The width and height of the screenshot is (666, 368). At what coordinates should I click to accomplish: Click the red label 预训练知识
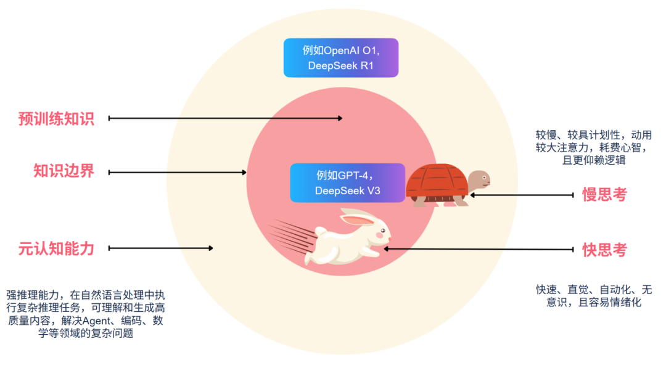pos(56,118)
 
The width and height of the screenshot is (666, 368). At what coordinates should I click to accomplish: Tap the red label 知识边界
pos(64,171)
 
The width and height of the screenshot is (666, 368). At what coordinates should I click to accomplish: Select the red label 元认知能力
pos(56,248)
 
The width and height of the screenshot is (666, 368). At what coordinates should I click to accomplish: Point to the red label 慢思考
pos(604,195)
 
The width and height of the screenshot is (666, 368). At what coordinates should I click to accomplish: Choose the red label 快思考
pos(604,250)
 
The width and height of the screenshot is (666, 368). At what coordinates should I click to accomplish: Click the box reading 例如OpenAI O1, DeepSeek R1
pos(340,58)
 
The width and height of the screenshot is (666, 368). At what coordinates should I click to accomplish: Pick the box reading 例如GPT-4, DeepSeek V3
pos(347,183)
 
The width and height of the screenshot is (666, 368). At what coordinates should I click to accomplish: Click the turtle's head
pos(479,181)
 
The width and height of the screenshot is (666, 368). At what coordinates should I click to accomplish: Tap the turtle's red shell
pos(436,182)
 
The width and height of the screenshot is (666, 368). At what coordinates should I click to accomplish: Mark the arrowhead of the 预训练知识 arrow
pos(340,118)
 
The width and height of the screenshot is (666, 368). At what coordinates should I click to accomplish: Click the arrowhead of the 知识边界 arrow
pos(244,173)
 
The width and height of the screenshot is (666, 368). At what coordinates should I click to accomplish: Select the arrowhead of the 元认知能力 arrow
pos(211,248)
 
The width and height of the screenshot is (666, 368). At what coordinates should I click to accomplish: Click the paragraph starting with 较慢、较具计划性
pos(593,147)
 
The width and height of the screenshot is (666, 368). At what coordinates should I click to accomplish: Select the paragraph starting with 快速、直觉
pos(593,296)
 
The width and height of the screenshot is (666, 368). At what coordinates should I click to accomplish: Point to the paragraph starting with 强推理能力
pos(85,314)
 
